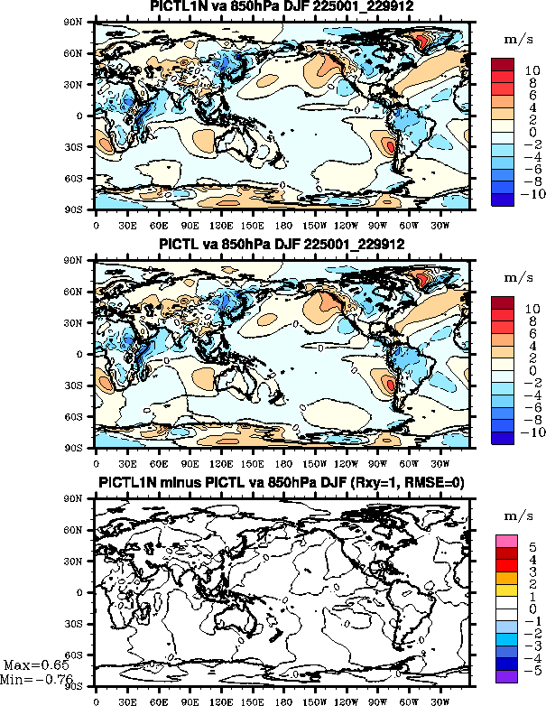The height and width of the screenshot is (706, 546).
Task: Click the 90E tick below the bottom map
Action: click(x=190, y=698)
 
